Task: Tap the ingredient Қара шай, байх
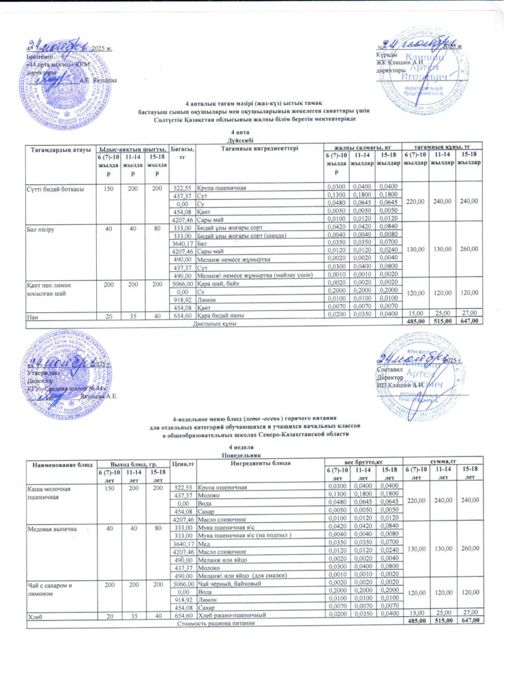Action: click(216, 282)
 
